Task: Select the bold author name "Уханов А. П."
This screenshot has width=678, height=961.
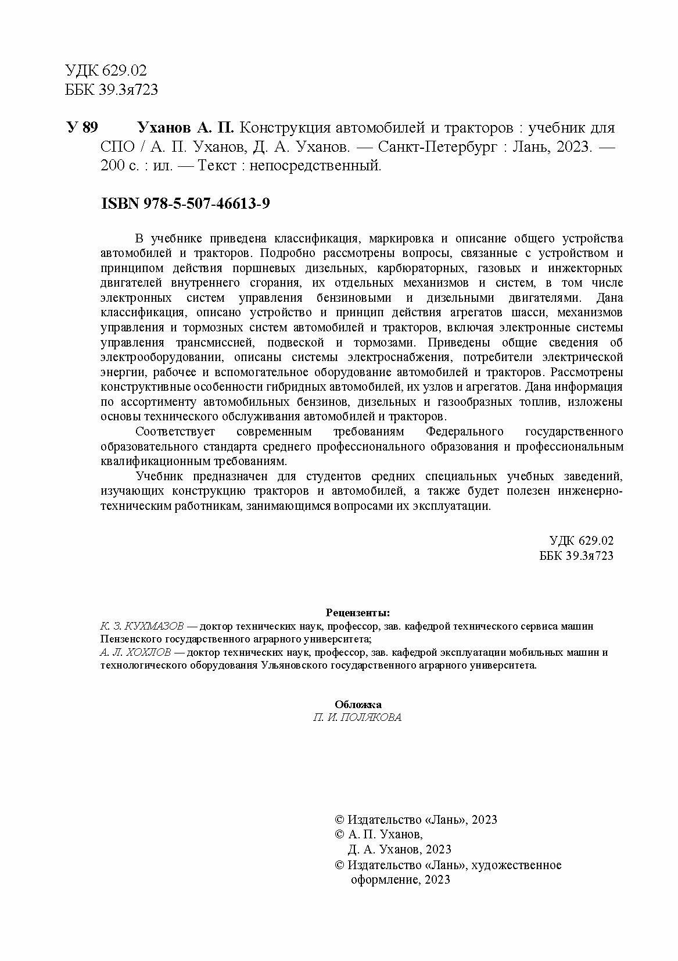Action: (185, 127)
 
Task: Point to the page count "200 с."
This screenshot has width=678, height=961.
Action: (117, 166)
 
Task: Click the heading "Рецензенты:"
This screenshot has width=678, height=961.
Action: (358, 613)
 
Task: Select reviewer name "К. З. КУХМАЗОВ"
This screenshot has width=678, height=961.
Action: (142, 626)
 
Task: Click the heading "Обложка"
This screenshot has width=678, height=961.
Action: (358, 704)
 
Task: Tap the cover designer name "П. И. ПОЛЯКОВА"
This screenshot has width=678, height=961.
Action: (357, 717)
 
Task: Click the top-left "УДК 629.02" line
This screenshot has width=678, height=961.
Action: (107, 71)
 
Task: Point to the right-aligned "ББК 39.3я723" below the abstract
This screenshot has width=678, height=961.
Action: (576, 555)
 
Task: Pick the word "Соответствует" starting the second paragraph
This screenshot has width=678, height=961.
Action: (175, 431)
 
